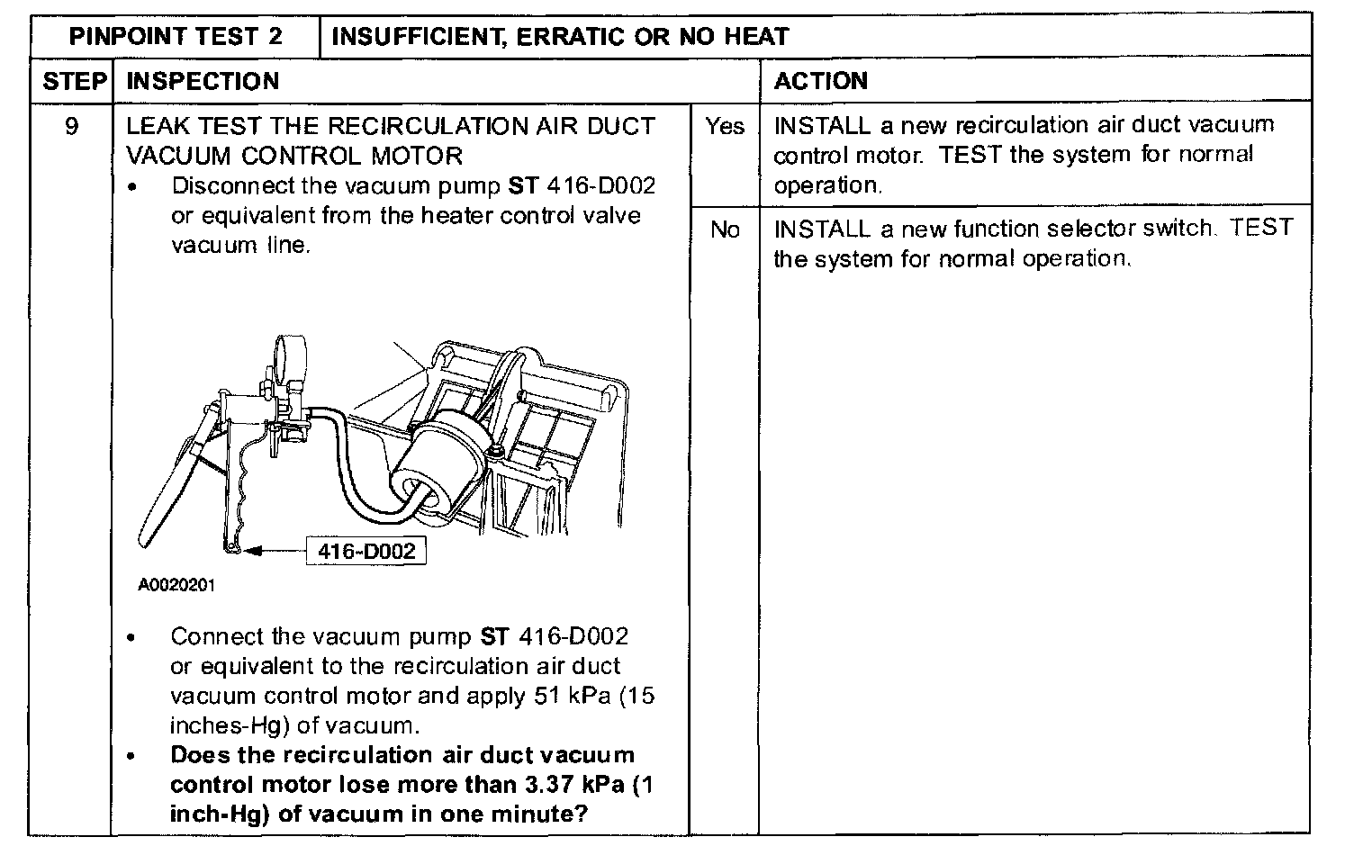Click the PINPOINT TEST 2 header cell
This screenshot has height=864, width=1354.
176,36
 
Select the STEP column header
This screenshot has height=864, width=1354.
74,81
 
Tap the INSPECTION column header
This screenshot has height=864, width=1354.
203,81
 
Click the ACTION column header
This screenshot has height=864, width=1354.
820,81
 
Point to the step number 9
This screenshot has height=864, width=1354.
72,126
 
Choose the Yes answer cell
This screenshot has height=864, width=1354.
725,126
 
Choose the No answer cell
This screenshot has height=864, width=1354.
725,230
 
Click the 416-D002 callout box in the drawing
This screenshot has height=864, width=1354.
366,551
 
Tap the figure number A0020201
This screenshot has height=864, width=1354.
176,585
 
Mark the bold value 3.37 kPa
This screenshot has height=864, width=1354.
572,784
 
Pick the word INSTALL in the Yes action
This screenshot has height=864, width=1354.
822,125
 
